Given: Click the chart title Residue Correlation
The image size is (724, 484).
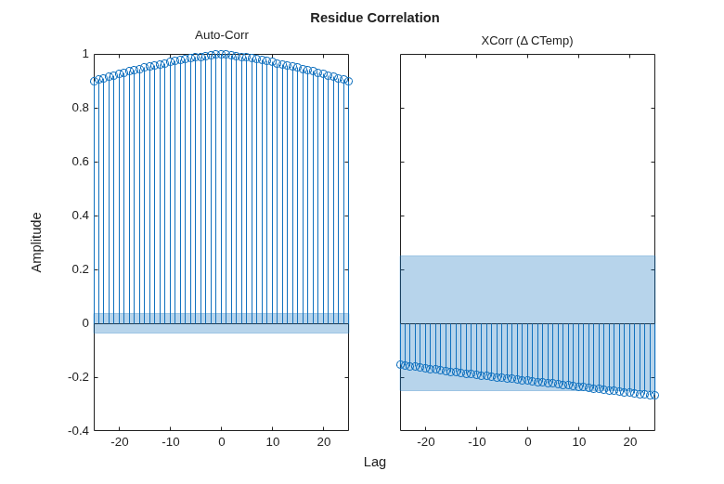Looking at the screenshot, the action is [x=374, y=18].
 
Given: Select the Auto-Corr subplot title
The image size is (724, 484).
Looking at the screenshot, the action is [x=222, y=35].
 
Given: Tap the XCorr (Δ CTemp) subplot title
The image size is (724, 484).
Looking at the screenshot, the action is [x=527, y=41].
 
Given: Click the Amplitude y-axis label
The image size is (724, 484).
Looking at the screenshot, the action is [x=36, y=242].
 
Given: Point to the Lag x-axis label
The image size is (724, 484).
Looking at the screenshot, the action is [x=374, y=462].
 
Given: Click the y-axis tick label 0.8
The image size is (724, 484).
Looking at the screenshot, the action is [x=80, y=108].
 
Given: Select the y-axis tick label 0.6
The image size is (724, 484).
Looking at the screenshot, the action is [x=80, y=162].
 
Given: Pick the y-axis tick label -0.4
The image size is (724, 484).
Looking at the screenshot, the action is [x=78, y=431].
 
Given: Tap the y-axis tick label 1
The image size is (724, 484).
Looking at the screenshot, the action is [x=85, y=54].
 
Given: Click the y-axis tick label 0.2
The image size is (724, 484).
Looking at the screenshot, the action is [x=80, y=269].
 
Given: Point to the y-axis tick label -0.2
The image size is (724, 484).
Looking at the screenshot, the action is [x=78, y=377].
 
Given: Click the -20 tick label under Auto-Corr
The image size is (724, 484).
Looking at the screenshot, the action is [x=119, y=442].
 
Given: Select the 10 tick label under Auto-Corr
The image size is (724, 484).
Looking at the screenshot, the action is [x=272, y=442].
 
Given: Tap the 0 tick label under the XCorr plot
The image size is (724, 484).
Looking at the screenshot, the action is [x=528, y=442].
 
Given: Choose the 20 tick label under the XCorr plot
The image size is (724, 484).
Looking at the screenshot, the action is [x=630, y=442].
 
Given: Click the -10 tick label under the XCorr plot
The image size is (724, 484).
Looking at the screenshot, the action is [x=476, y=442].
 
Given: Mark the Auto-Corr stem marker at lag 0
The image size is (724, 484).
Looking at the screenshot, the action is [x=222, y=55].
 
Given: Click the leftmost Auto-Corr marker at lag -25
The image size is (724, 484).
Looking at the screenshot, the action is [x=94, y=82].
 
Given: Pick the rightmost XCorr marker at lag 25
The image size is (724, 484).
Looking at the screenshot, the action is [x=654, y=395].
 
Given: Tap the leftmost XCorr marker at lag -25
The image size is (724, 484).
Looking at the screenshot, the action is [x=400, y=365].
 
